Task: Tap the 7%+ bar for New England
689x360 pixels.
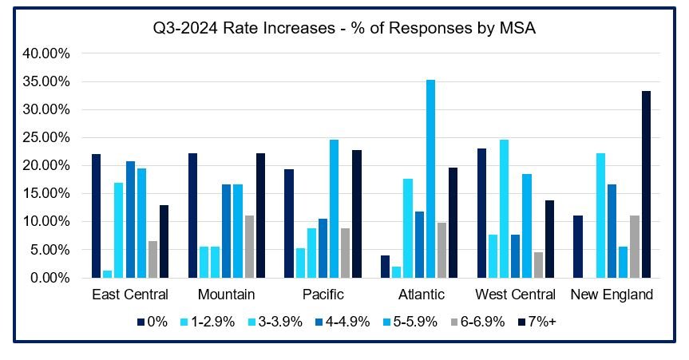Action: pos(646,184)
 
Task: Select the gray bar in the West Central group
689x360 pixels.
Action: pos(539,265)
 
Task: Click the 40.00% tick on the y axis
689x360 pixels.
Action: pos(48,53)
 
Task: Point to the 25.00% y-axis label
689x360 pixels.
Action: pos(48,137)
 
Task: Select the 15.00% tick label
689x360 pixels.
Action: pos(48,194)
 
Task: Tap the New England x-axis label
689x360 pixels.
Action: pos(612,295)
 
